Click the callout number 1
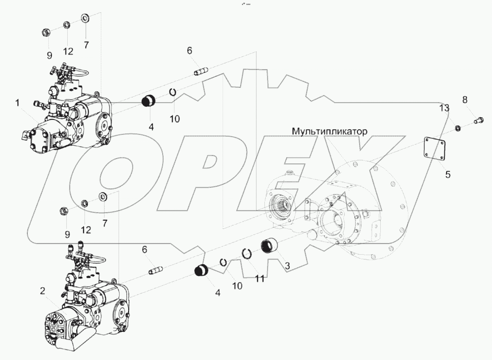click(x=17, y=104)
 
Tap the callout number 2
click(x=42, y=291)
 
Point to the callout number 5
click(x=447, y=174)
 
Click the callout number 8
click(x=464, y=99)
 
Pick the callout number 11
click(x=259, y=279)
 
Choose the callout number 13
click(x=444, y=108)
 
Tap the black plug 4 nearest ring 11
click(x=201, y=270)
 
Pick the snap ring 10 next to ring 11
click(x=224, y=262)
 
